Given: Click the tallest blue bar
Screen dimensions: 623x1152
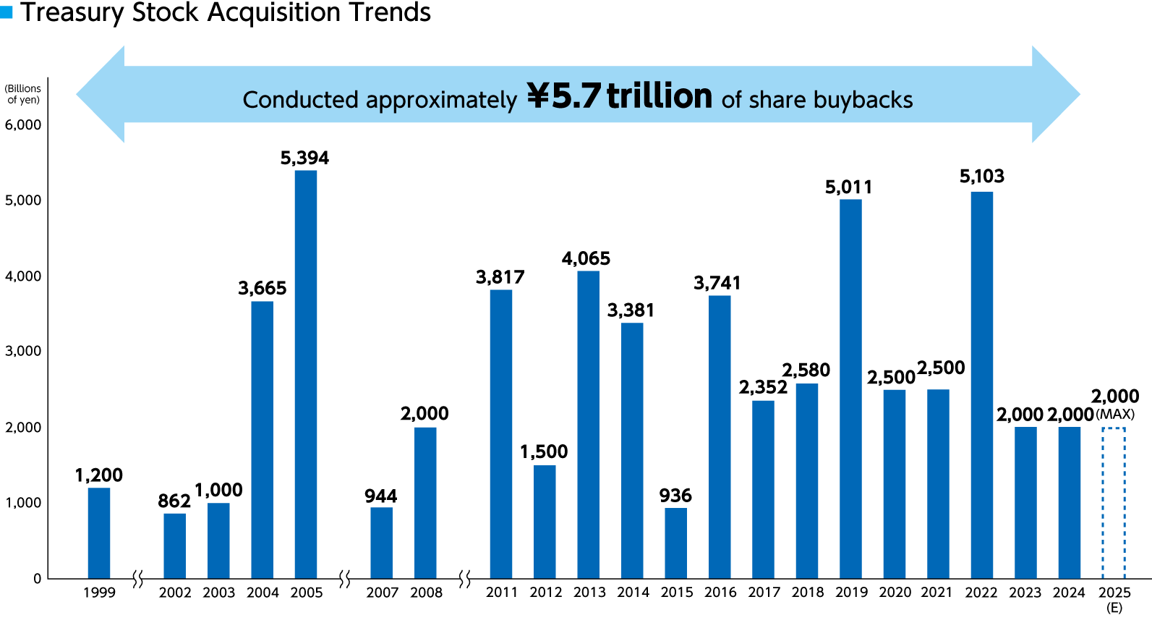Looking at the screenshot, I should pos(306,374).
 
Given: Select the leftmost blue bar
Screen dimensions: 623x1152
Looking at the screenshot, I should pos(99,533).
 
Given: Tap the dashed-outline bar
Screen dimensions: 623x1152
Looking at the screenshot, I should pos(1114,503).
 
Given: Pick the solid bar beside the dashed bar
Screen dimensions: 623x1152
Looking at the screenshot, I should pos(1070,503).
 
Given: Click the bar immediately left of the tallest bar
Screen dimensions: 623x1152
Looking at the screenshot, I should pos(262,439).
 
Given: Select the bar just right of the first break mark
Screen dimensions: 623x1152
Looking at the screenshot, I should pos(174,546).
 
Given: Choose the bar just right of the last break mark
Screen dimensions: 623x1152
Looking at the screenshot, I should pos(501,433).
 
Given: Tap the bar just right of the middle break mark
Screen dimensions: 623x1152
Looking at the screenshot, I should pos(381,543).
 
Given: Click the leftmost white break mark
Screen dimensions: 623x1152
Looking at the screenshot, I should pos(137,579).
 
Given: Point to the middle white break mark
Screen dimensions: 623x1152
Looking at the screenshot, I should pos(345,579).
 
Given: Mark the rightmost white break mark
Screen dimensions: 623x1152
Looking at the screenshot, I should pos(465,579).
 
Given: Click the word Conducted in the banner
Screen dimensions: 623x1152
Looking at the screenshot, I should pos(300,100).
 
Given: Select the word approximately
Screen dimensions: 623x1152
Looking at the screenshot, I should pos(441,101).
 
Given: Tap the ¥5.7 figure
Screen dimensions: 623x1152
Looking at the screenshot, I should pos(564,96).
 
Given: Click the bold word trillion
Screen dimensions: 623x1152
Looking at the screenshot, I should pos(660,96).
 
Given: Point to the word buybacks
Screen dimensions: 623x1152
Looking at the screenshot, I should pos(863,100).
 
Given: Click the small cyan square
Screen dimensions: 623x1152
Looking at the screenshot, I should pos(7,12).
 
